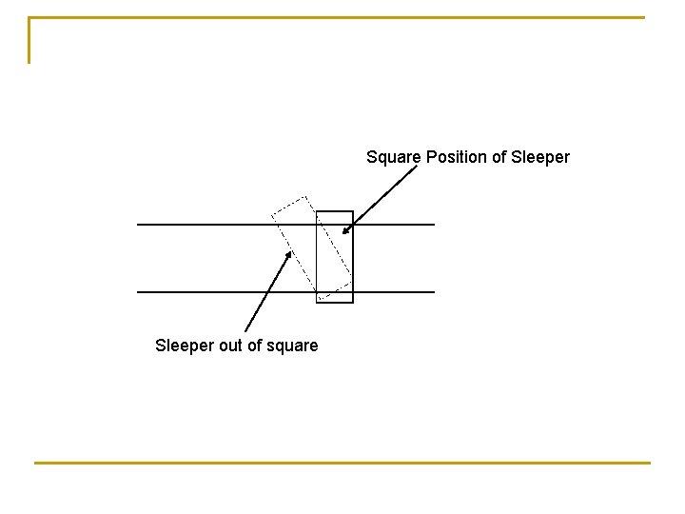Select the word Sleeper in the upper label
pos(540,157)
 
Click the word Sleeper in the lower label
pos(185,346)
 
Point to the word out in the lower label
pos(231,346)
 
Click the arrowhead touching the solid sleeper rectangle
pos(346,229)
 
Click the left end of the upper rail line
pos(139,225)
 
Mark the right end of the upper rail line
pos(433,225)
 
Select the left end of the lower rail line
pos(139,291)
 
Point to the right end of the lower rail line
pos(433,291)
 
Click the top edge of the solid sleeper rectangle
pos(334,211)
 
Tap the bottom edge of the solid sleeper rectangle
pos(334,302)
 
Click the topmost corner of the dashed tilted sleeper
pos(306,197)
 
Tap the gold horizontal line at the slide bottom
pos(342,463)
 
